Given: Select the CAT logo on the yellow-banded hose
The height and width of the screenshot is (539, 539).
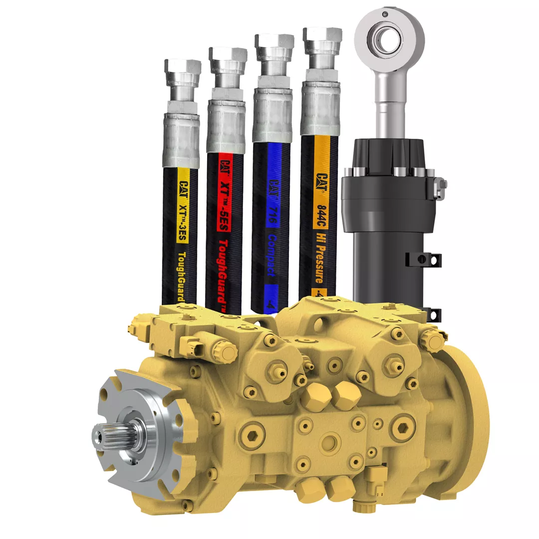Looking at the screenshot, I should [183, 178].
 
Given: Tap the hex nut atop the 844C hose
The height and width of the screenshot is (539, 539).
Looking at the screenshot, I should [322, 37].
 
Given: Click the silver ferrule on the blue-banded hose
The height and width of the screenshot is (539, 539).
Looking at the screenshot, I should [272, 115].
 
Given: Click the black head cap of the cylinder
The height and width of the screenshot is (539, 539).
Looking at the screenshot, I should [389, 160].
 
